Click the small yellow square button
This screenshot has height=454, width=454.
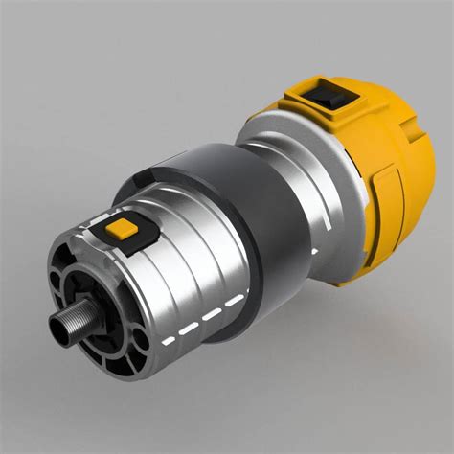coord(122,228)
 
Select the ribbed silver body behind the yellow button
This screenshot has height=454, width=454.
coord(172,278)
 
